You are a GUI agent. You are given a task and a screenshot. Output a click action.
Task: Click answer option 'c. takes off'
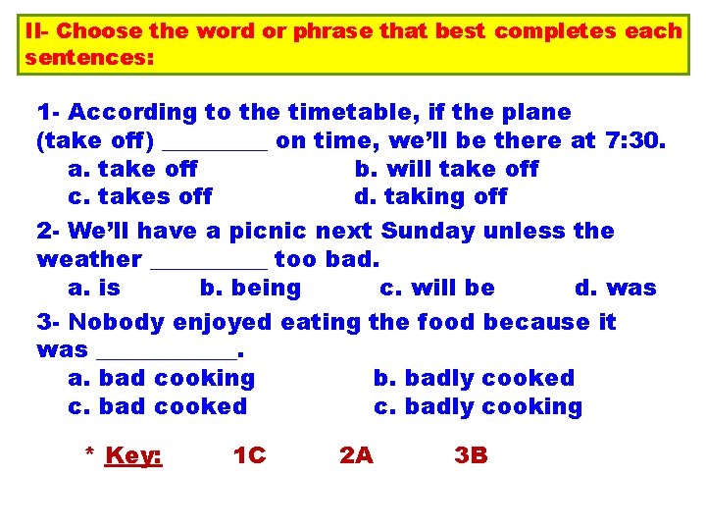coord(140,196)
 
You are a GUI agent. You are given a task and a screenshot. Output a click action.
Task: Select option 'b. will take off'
coord(446,169)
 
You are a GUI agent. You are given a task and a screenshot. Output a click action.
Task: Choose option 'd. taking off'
coord(430,196)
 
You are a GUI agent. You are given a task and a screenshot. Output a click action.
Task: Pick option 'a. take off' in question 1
coord(133,169)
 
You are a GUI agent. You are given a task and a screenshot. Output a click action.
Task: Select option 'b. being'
coord(250,288)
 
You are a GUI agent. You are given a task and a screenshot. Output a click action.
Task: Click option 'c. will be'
coord(436,288)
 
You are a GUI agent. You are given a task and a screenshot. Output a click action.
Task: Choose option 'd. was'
coord(615,288)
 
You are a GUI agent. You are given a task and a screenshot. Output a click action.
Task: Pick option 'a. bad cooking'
coord(162,378)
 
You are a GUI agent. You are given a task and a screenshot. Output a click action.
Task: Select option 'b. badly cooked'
coord(474,378)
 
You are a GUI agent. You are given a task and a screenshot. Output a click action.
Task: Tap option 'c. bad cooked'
coord(158,406)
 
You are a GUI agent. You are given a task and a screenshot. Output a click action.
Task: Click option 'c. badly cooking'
coord(478,406)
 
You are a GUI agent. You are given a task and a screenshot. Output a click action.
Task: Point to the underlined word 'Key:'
coord(133,455)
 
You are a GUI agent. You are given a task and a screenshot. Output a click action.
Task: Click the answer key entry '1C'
coord(249,455)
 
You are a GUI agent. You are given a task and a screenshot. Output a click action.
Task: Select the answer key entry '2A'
coord(355,455)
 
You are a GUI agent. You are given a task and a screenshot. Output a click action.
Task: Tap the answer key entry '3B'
coord(471,455)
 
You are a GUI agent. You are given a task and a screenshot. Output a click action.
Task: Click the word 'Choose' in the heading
coord(103,30)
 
